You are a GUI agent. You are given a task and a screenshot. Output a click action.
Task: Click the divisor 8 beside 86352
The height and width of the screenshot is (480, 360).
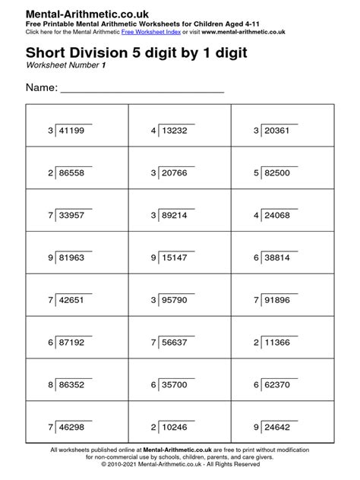[51, 386]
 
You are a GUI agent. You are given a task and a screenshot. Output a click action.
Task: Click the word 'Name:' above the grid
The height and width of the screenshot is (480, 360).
[42, 88]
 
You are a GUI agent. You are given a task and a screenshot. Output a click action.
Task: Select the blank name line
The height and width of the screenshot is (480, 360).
[142, 90]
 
